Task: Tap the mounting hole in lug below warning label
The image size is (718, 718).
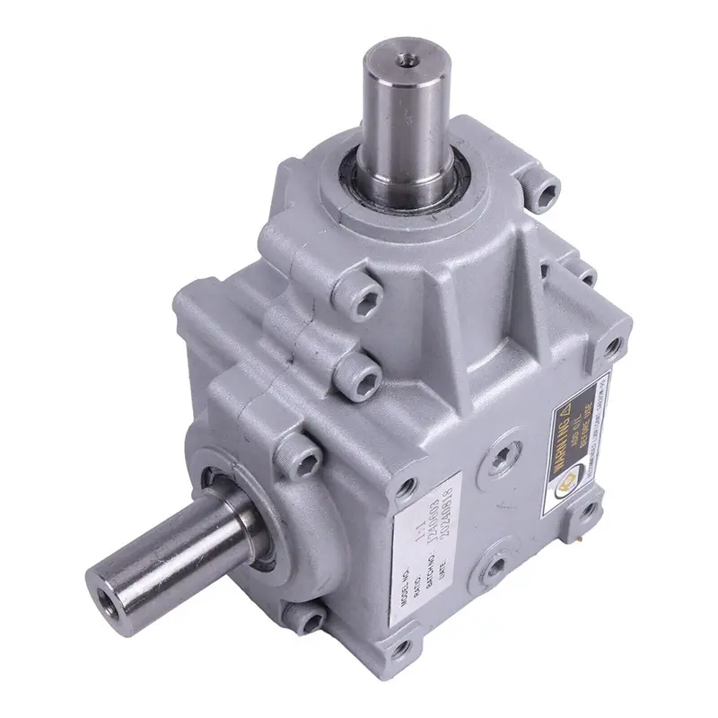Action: coord(593,513)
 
